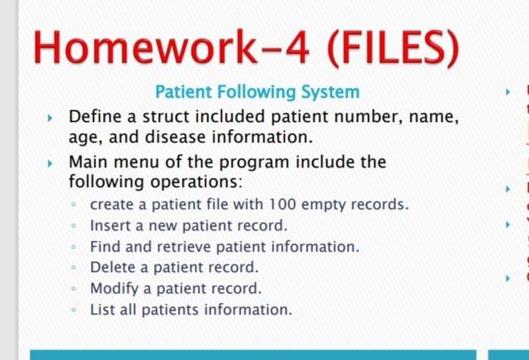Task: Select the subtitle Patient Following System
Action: point(257,92)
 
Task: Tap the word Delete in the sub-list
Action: point(111,268)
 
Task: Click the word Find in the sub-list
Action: point(104,247)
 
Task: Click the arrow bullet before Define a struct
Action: point(51,118)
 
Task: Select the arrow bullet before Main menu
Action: point(51,162)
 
